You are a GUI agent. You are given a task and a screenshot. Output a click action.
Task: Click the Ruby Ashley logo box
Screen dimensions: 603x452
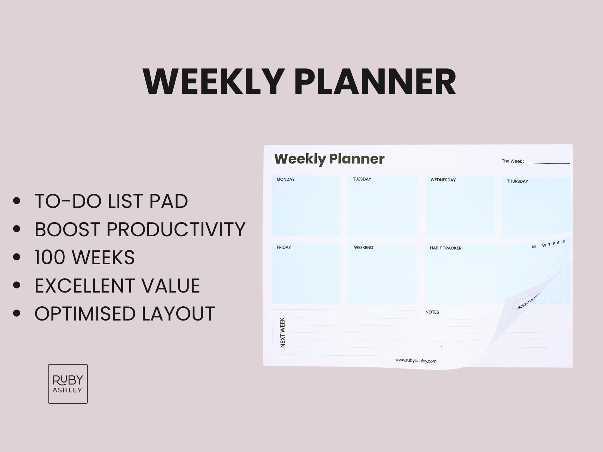point(68,384)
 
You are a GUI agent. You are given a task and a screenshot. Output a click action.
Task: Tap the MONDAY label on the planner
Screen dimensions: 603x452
point(286,179)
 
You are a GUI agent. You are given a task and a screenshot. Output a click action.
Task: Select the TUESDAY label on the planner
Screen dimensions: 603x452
point(362,179)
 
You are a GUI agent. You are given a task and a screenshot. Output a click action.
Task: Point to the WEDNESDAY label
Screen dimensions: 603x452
point(443,180)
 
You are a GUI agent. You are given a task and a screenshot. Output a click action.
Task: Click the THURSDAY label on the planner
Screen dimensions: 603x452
point(517,181)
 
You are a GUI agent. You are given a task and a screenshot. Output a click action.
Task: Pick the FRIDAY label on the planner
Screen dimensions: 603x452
point(284,247)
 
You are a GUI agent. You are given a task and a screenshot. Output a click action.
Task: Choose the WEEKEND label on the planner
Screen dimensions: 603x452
point(363,248)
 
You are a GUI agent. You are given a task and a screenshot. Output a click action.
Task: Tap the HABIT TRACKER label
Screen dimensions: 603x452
point(445,248)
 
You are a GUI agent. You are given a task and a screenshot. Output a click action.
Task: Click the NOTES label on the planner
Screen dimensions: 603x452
point(432,312)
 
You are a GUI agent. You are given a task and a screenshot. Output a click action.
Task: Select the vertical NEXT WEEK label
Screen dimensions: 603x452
point(283,332)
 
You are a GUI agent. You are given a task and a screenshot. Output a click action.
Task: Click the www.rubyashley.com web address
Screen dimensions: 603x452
point(416,361)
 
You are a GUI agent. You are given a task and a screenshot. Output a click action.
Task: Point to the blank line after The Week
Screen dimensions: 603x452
point(548,163)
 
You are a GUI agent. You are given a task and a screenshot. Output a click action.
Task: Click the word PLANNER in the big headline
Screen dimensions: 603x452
point(375,82)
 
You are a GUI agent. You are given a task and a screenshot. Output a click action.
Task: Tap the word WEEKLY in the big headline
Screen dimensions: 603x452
point(214,82)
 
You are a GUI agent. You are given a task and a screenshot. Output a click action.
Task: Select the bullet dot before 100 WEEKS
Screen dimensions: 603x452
point(17,257)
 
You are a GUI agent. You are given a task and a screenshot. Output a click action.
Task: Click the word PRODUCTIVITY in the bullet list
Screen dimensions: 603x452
point(176,230)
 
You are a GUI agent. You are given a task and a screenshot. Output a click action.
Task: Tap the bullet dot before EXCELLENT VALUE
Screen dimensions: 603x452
point(17,285)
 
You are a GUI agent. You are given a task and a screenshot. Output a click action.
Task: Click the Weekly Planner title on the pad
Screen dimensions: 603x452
point(329,159)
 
